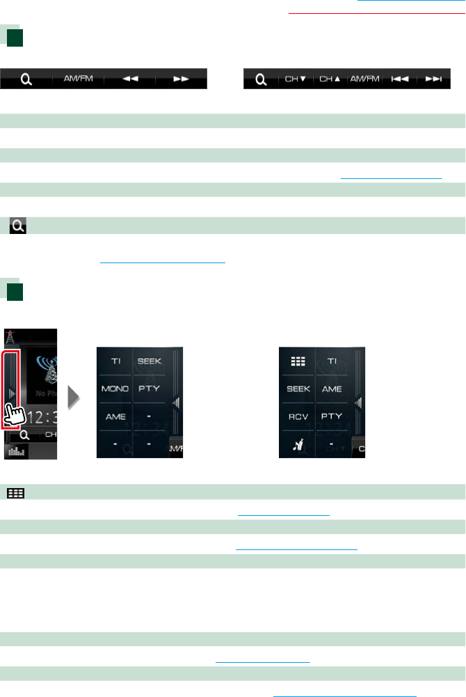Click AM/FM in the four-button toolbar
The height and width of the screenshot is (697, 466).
tap(78, 79)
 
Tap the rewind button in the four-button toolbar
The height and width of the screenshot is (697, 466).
tap(129, 79)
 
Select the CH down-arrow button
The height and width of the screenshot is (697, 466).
tap(296, 79)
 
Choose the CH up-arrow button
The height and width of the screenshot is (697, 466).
tap(330, 79)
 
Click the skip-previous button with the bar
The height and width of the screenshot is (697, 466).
tap(399, 79)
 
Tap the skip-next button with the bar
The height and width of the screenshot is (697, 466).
tap(433, 79)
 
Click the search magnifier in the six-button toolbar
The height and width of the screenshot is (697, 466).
tap(261, 79)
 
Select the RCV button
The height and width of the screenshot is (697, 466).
tap(298, 416)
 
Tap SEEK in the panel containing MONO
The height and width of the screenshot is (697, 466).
tap(150, 361)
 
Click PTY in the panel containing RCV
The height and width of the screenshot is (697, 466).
tap(332, 416)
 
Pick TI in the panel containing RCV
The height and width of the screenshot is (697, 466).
tap(332, 361)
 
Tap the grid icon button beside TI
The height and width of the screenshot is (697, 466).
tap(298, 361)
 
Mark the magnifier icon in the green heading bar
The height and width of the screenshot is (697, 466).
tap(17, 225)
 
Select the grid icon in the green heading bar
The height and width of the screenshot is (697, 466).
tap(16, 492)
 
